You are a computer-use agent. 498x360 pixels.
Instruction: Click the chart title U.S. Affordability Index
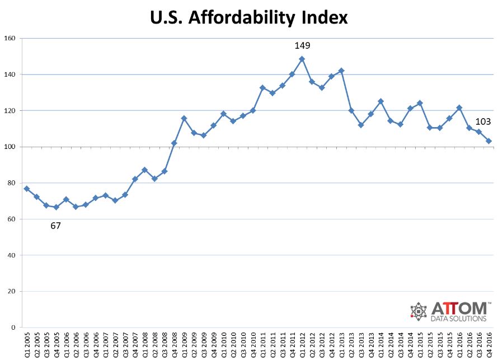(249, 17)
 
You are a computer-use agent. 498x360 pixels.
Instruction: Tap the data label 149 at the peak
(302, 46)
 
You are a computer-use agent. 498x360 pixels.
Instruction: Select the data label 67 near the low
(55, 226)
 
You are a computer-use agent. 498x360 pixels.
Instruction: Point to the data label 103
(483, 122)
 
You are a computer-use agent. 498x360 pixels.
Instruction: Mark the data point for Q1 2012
(302, 59)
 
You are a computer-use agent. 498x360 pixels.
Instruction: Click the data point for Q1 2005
(26, 189)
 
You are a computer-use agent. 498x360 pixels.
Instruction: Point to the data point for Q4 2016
(488, 141)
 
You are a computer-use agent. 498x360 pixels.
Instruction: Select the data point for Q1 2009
(184, 118)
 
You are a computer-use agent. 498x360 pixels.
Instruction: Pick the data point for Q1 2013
(341, 71)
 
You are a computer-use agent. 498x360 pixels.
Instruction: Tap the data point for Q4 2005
(56, 207)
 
